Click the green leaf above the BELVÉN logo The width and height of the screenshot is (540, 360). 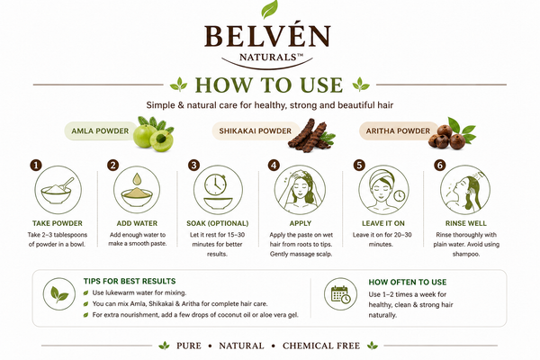pos(269,9)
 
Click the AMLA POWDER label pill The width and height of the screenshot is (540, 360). pos(101,130)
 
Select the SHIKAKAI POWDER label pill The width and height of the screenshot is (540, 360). pos(256,130)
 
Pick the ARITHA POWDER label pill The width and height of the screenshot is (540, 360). pos(398,130)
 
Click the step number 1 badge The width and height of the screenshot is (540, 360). pos(36,165)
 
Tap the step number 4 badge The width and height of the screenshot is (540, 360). pos(274,165)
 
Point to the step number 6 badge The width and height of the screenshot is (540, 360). pos(439,165)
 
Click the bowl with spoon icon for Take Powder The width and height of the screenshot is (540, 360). pos(58,191)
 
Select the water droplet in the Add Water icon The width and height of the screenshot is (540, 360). pos(137,179)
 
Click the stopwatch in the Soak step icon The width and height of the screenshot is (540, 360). pos(216,184)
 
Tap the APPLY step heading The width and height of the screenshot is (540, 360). pos(301,223)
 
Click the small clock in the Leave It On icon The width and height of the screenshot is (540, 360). pos(400,195)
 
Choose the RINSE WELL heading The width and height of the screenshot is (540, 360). pos(466,223)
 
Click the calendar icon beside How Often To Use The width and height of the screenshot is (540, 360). pos(340,294)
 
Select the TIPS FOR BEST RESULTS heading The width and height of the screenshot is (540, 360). pos(130,281)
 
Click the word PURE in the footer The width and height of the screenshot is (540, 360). pos(189,346)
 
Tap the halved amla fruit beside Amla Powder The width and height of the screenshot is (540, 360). pos(161,140)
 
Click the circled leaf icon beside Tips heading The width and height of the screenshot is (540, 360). pos(59,294)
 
